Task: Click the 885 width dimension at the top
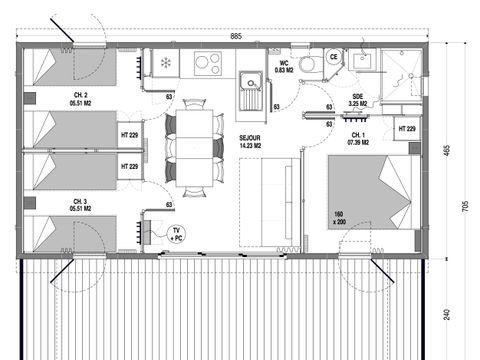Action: click(x=235, y=37)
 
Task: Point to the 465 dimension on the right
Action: click(x=448, y=150)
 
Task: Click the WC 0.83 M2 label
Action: click(x=284, y=66)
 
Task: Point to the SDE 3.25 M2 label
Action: click(x=357, y=101)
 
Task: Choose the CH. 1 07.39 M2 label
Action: click(x=357, y=138)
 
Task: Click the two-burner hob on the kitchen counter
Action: click(x=208, y=63)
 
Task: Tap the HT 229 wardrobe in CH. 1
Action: click(x=406, y=129)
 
